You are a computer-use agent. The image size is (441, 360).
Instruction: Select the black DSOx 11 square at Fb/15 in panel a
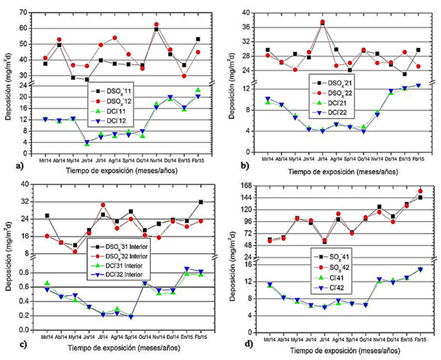pyautogui.click(x=198, y=39)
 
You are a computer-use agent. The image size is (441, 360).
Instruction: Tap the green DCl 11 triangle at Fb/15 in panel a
pyautogui.click(x=198, y=90)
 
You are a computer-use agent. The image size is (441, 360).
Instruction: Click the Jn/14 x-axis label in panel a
pyautogui.click(x=87, y=150)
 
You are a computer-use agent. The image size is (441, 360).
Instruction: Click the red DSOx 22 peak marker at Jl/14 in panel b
pyautogui.click(x=323, y=22)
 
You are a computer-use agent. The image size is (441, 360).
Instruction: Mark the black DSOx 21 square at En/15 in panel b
pyautogui.click(x=405, y=74)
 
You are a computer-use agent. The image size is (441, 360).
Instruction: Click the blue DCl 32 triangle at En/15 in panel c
pyautogui.click(x=186, y=269)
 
